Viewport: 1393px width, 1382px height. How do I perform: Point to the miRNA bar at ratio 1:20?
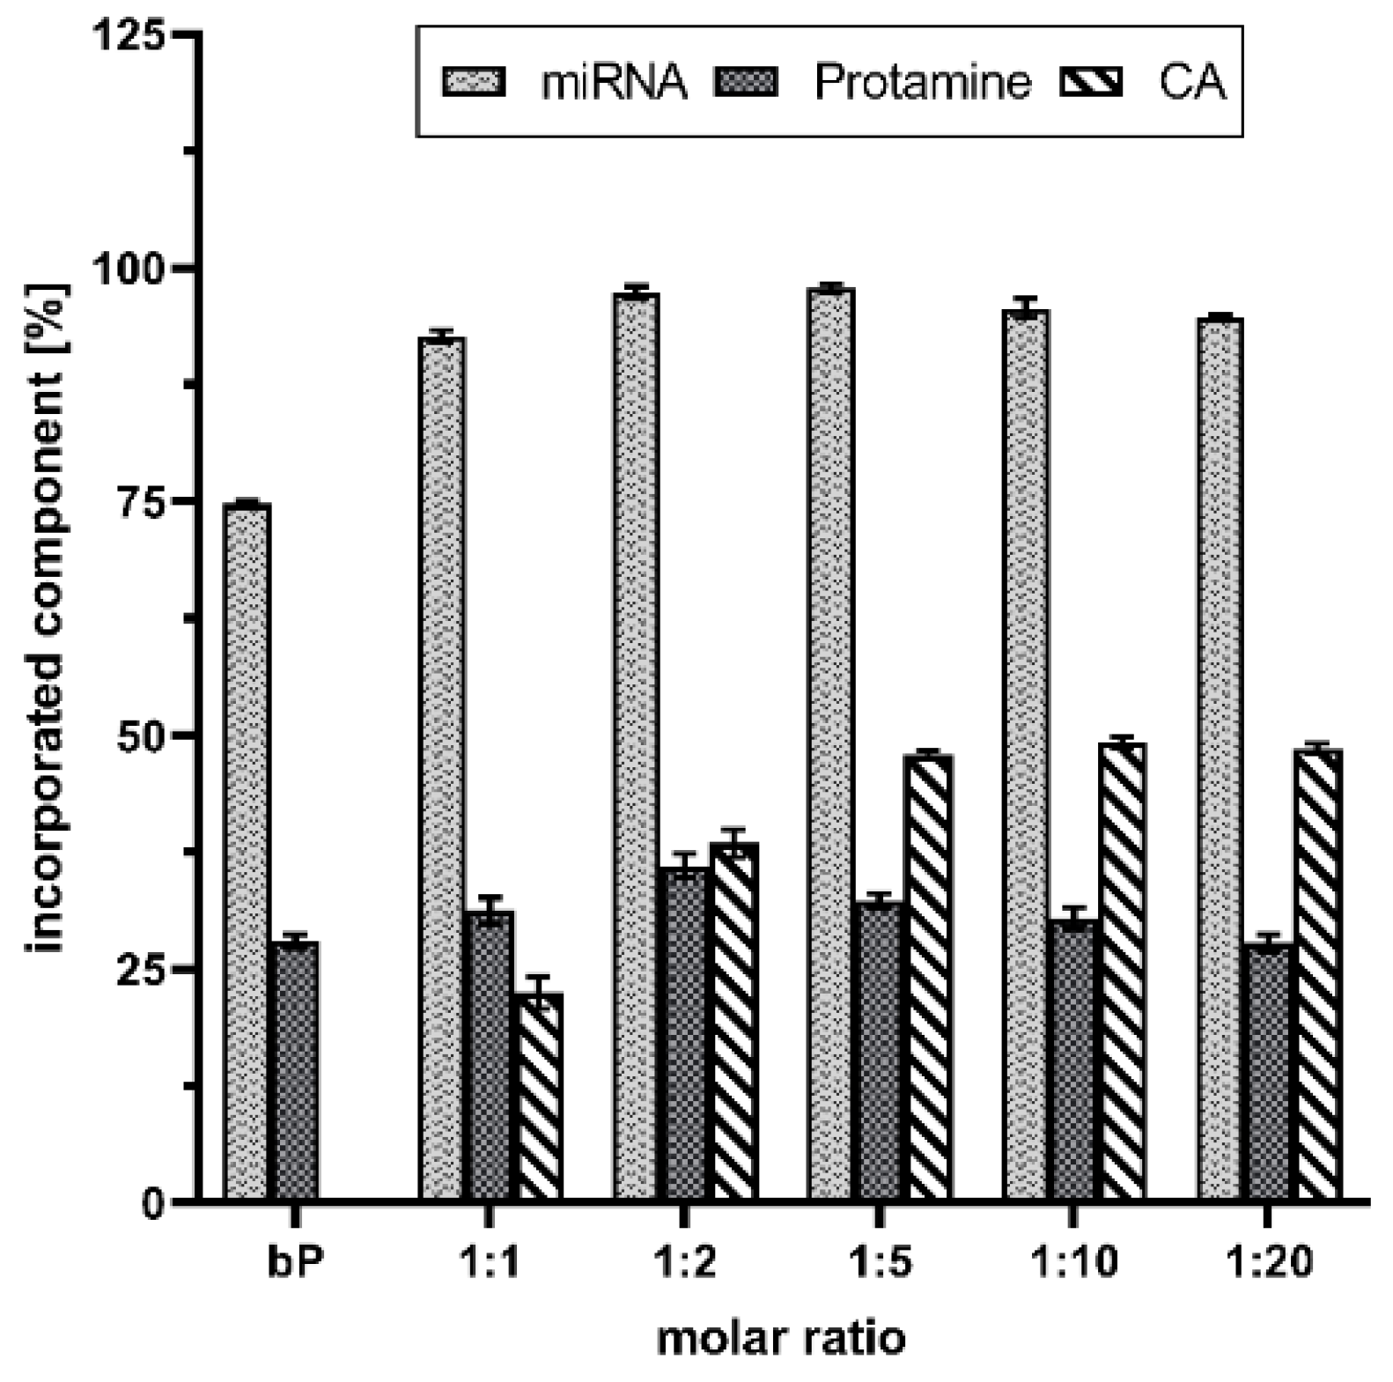[x=1220, y=758]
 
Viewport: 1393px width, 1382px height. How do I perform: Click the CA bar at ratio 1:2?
[x=734, y=1022]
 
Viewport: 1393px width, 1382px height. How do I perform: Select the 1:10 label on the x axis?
[x=1073, y=1262]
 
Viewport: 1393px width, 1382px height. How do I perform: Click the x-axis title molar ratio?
[x=781, y=1339]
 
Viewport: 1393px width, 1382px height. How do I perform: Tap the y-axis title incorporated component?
[x=48, y=617]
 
